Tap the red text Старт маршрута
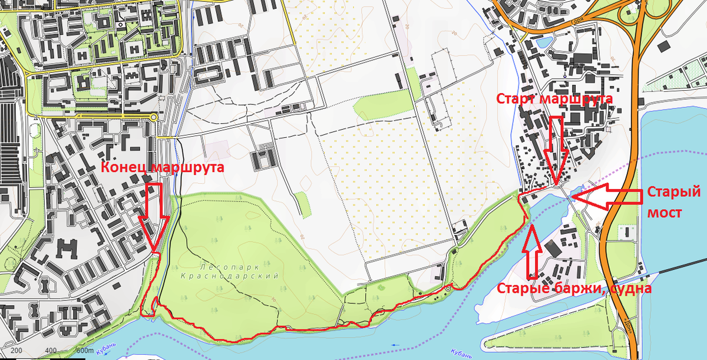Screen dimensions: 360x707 (554, 98)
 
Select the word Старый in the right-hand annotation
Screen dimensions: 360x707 (673, 193)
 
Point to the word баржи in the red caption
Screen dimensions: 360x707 (576, 289)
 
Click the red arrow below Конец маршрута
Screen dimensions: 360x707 (154, 215)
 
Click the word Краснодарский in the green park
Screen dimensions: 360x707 (229, 276)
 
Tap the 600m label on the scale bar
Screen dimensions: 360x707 (84, 352)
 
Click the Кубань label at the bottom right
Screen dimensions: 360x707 (461, 353)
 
